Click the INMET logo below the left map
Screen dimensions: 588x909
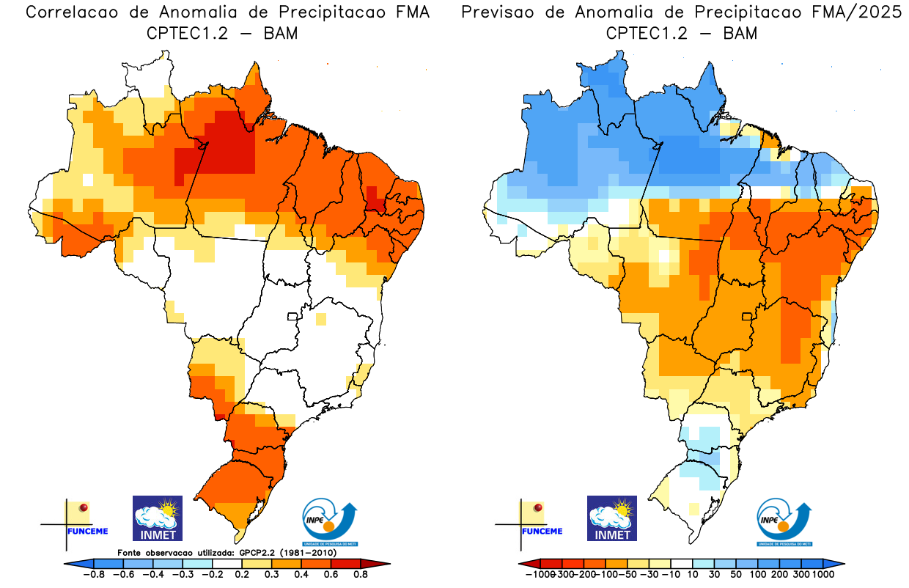click(157, 518)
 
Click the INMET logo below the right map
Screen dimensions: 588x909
click(612, 518)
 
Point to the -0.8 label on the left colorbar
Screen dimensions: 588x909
click(93, 575)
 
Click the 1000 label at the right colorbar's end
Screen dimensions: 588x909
click(822, 575)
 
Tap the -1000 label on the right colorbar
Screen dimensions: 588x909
click(538, 575)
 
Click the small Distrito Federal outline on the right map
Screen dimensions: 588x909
click(747, 317)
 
